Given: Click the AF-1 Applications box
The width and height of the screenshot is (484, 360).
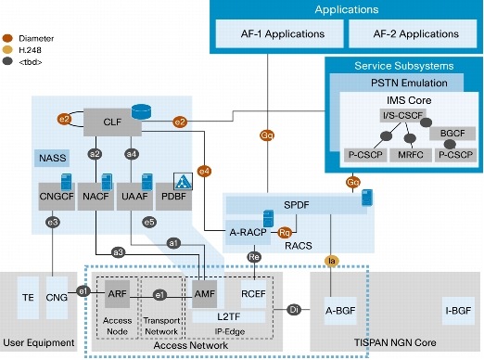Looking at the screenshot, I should (272, 33).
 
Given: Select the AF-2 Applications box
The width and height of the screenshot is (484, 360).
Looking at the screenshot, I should (404, 33).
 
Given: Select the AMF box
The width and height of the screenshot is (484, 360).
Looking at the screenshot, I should (206, 292).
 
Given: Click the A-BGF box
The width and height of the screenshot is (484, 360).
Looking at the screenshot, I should (345, 308).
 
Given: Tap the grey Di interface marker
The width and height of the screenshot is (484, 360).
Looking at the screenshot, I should (294, 308).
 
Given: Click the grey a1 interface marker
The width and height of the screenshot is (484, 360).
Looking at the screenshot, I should (172, 242).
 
